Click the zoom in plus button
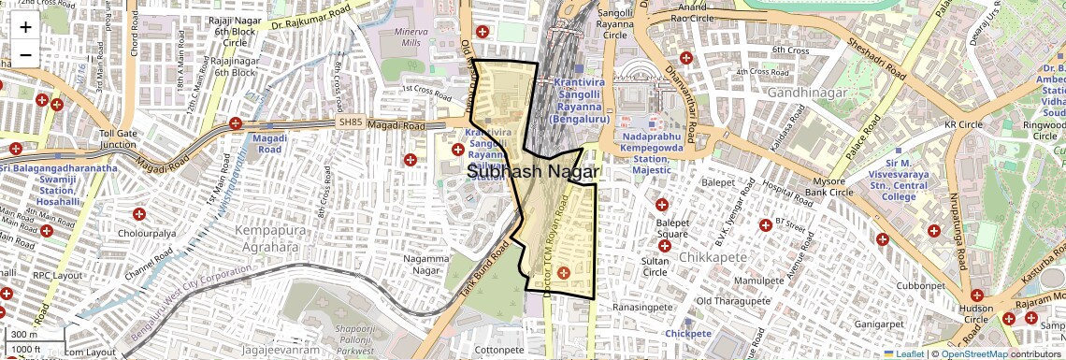tap(25, 27)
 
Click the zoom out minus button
tap(25, 54)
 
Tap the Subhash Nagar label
tap(533, 172)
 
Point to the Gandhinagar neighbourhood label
tap(806, 93)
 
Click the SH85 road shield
tap(350, 122)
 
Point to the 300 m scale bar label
tap(25, 335)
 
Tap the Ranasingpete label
tap(643, 307)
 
